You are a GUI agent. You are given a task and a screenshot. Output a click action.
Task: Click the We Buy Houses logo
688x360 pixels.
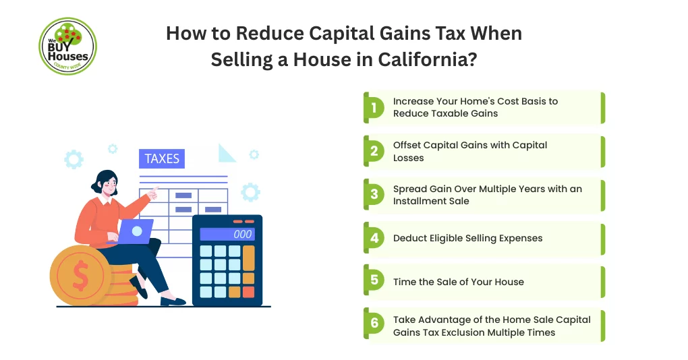coord(67,47)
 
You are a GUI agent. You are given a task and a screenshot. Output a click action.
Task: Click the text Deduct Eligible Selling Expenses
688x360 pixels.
coord(467,238)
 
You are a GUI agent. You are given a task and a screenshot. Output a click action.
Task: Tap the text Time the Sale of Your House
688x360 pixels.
coord(458,282)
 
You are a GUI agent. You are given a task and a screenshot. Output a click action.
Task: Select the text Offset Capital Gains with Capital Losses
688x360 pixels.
coord(470,151)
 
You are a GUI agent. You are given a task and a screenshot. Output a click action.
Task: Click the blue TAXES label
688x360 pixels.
coord(162,159)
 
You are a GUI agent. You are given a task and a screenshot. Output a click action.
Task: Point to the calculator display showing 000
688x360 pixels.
coord(227,234)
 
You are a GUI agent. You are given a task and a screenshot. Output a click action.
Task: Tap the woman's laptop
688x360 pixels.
coord(136,232)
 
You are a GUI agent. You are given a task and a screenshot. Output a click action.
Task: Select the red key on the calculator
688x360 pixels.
coord(248,292)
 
